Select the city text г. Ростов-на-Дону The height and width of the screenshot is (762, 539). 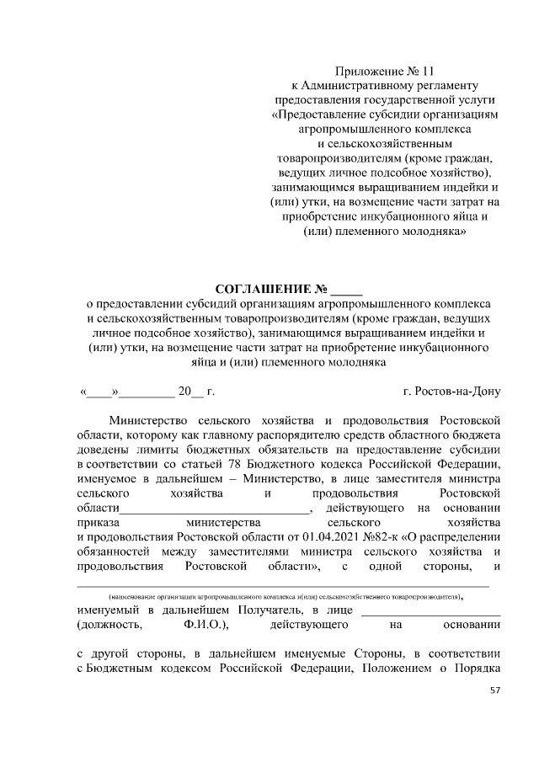tap(452, 392)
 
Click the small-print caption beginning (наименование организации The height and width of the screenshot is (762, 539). tap(281, 594)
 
